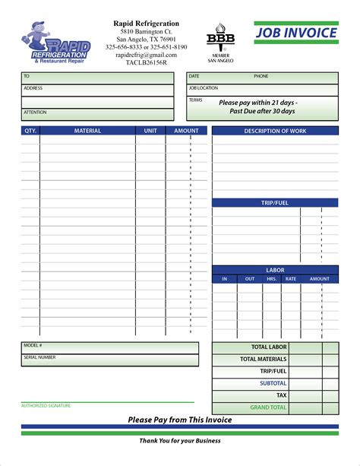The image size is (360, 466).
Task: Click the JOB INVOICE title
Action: (296, 34)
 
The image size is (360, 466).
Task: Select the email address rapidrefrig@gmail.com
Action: (146, 55)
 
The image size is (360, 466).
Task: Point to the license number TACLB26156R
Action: (146, 63)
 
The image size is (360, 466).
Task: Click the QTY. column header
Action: (30, 131)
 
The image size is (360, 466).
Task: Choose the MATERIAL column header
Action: (87, 131)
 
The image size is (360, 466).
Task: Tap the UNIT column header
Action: (150, 131)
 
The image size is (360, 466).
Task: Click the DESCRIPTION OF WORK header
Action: (275, 131)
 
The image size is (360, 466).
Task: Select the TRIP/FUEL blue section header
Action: (275, 203)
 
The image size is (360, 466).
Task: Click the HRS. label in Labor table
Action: (271, 279)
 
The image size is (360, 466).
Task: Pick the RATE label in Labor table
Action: (290, 279)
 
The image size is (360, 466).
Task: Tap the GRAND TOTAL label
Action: (269, 407)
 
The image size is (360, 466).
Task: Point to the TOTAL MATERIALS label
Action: (264, 359)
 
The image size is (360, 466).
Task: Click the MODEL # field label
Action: (33, 345)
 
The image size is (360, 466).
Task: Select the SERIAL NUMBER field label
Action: (39, 357)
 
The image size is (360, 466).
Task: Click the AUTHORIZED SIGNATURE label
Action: (46, 406)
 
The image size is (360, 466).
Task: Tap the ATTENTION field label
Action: (35, 113)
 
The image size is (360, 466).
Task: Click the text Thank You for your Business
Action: (180, 441)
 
